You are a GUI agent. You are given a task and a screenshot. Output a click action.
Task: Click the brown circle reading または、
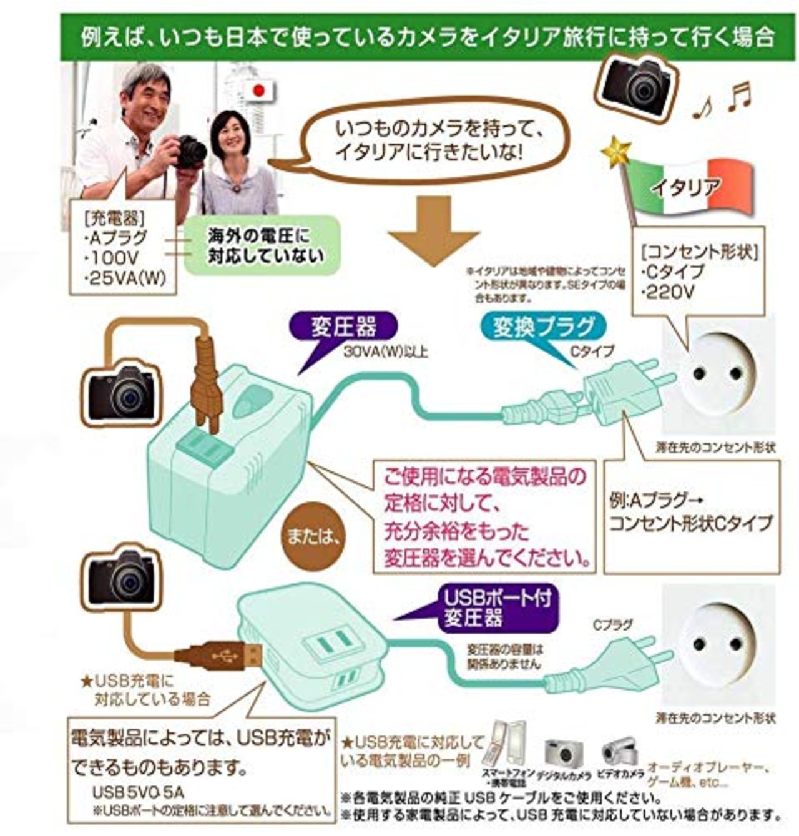(x=312, y=536)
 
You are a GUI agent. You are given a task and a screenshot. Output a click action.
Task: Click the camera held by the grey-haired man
(x=189, y=152)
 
